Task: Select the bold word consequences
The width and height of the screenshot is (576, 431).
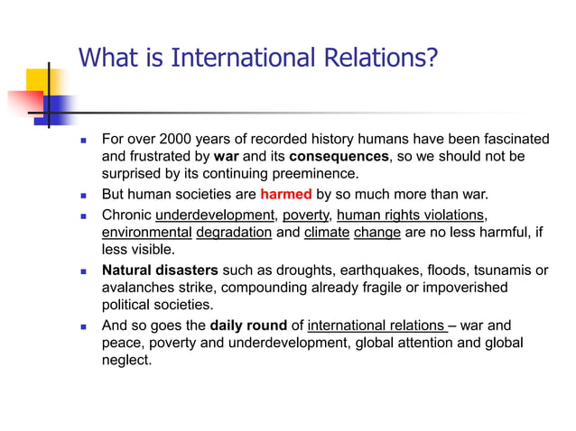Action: point(339,156)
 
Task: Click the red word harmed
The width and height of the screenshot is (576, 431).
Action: point(286,194)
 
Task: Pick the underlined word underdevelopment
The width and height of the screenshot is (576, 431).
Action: point(215,215)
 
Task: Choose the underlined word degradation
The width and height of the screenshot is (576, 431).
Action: point(234,232)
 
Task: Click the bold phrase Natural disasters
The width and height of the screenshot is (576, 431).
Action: point(160,270)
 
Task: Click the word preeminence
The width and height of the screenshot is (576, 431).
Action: point(319,173)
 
